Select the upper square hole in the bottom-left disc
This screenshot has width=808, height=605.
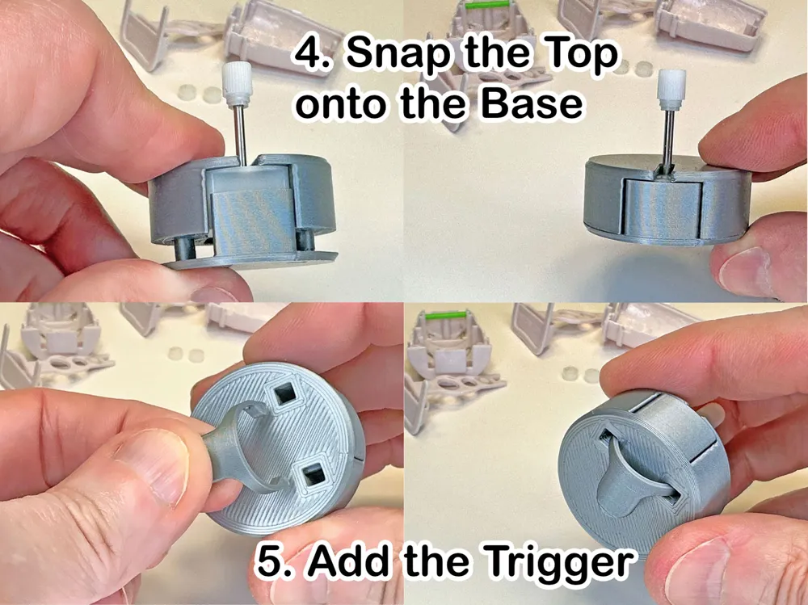[283, 396]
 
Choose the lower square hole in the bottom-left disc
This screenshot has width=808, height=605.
[311, 475]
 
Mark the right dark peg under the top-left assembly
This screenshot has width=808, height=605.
[305, 240]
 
